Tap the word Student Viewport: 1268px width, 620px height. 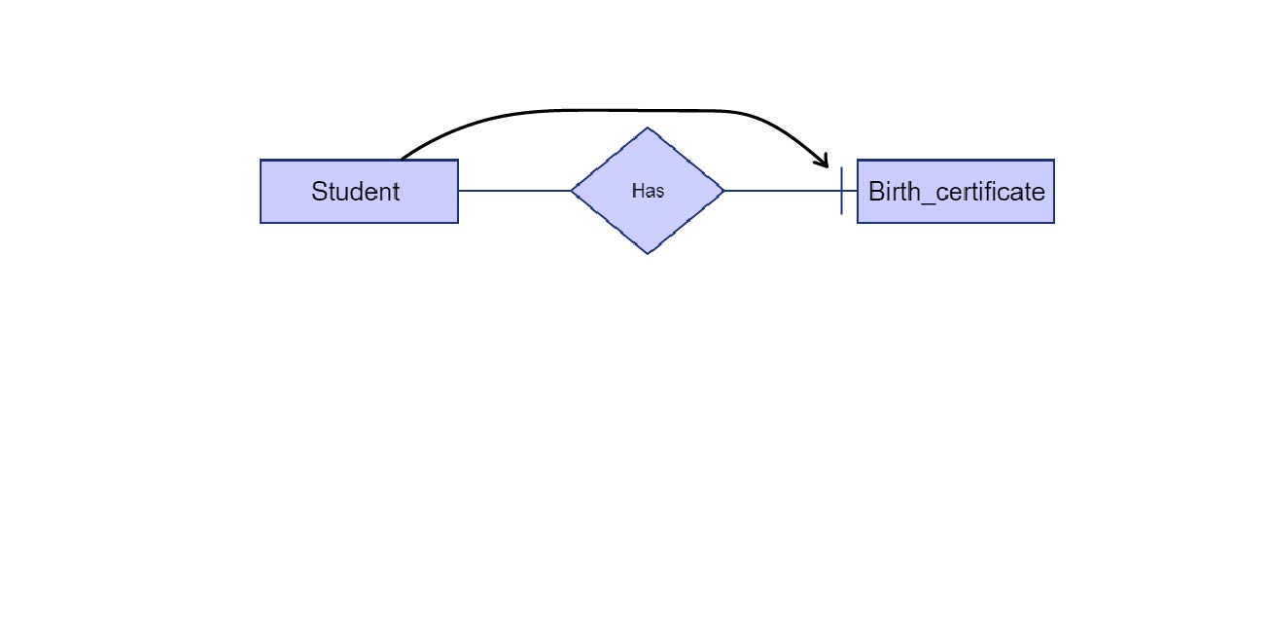pos(355,192)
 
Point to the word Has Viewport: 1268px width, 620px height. pos(648,191)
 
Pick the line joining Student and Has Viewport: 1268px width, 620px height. pos(513,191)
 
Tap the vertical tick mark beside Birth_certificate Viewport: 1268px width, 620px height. pos(841,191)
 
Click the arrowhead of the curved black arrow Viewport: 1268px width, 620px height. pos(825,162)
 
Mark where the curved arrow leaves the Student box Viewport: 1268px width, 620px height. pos(403,159)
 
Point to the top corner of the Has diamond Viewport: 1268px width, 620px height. pos(648,128)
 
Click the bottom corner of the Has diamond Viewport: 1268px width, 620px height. pos(648,253)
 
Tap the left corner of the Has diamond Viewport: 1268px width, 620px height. pos(572,191)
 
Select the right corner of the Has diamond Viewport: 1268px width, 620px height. pos(723,191)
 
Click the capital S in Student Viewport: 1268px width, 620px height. pos(318,192)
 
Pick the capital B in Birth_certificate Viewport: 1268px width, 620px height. pos(875,192)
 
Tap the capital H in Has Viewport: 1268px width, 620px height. pos(637,191)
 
